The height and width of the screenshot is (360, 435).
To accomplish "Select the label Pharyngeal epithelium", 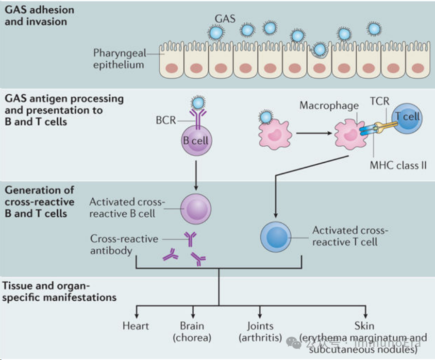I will pyautogui.click(x=118, y=58).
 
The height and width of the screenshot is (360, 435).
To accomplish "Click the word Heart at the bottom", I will pyautogui.click(x=136, y=326).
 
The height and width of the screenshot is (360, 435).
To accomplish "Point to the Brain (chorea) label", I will pyautogui.click(x=192, y=332).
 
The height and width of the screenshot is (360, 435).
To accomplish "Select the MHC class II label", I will pyautogui.click(x=398, y=165).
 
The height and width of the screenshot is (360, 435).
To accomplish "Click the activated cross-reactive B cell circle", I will pyautogui.click(x=196, y=209).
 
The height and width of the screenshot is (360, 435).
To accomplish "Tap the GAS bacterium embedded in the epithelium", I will pyautogui.click(x=319, y=49).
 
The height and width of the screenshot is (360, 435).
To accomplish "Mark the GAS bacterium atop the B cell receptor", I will pyautogui.click(x=198, y=103).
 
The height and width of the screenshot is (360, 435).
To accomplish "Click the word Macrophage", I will pyautogui.click(x=329, y=105).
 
